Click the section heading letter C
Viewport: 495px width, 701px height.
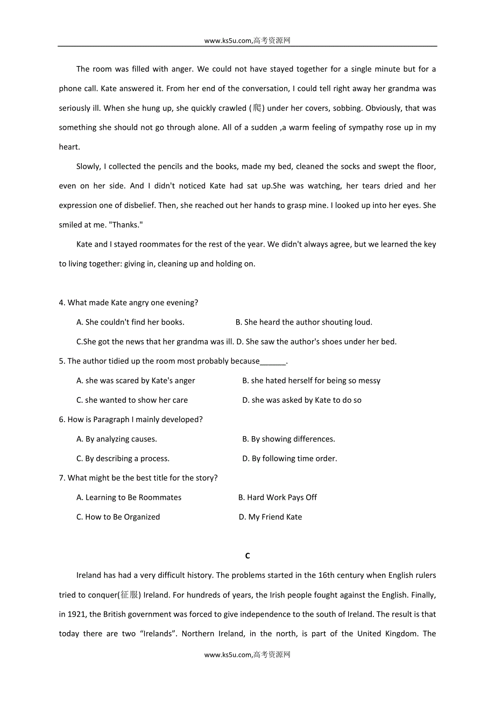click(247, 556)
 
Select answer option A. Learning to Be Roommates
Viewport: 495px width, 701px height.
click(129, 497)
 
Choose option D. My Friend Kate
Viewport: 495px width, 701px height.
click(270, 517)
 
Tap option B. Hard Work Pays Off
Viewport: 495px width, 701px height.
click(278, 497)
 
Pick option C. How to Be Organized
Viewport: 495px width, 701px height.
click(118, 517)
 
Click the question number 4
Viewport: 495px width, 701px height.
click(62, 303)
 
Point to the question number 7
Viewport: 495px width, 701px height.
click(62, 478)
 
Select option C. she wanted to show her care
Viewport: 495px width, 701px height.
click(132, 400)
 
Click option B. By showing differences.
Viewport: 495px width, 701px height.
click(289, 439)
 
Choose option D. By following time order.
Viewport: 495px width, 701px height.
click(290, 459)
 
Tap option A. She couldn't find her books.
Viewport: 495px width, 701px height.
click(130, 323)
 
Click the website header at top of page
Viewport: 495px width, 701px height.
click(247, 40)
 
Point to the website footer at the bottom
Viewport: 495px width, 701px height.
click(247, 655)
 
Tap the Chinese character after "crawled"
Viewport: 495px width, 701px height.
click(257, 108)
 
